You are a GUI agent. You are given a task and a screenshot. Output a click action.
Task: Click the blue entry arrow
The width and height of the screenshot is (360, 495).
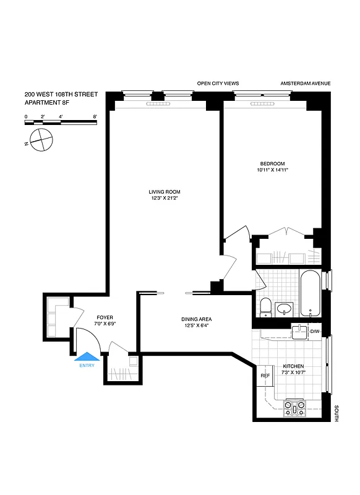[87, 356]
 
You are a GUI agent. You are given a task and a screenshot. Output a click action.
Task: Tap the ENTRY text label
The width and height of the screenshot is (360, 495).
[87, 366]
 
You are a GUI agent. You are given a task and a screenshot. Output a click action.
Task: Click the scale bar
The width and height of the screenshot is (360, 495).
[61, 123]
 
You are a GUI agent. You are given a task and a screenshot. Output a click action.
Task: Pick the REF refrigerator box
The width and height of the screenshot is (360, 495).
[265, 376]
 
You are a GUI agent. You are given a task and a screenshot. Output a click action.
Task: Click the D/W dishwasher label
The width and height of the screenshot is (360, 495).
[315, 332]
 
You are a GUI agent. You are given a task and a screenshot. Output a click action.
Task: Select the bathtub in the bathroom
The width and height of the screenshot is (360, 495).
[309, 295]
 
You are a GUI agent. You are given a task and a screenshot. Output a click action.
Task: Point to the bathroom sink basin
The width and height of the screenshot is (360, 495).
[285, 309]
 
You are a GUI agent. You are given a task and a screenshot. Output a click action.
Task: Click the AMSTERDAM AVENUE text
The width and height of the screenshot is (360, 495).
[306, 83]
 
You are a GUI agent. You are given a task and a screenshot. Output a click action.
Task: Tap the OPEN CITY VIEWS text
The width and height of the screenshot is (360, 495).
[218, 83]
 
